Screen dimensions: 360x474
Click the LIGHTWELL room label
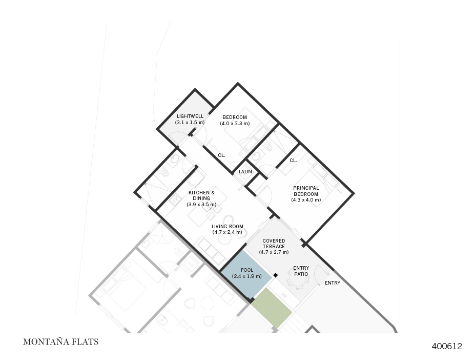click(x=190, y=116)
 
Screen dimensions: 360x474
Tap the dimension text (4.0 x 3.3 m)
click(x=235, y=124)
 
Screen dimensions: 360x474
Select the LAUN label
click(x=245, y=171)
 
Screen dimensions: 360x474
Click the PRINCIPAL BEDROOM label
click(x=306, y=191)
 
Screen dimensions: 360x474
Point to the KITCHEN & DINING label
click(x=201, y=195)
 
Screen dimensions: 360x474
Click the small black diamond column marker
click(x=275, y=275)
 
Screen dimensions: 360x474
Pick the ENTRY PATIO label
click(x=301, y=271)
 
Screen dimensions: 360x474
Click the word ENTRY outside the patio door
click(x=333, y=283)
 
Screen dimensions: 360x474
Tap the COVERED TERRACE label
click(x=274, y=244)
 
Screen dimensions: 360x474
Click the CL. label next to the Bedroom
click(x=221, y=155)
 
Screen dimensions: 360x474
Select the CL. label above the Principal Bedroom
click(x=293, y=161)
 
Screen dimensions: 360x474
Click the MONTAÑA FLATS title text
click(x=60, y=342)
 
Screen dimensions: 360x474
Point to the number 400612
click(x=446, y=346)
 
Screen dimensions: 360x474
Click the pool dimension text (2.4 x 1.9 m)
click(x=247, y=276)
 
